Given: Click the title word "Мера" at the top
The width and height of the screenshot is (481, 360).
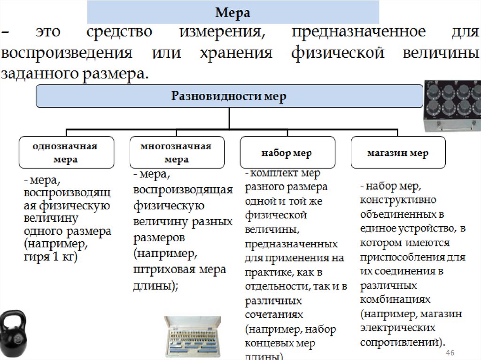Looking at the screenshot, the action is pos(233,13).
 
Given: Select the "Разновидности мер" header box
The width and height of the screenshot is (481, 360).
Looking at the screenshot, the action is pos(229,97).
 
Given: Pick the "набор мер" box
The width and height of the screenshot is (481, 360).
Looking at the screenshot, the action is pos(287,153).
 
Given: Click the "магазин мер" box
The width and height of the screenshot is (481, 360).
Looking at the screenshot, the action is pos(397,153).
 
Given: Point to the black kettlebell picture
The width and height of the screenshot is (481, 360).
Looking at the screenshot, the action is pos(13,334).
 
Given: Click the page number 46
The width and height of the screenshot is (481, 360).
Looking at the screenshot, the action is pos(450,352).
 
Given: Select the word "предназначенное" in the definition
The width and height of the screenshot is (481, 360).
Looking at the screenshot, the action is pos(358,32).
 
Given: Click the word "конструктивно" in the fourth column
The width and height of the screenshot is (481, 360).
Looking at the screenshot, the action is pos(391,199).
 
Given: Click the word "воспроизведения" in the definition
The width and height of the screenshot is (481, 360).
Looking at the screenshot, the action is pos(66,53).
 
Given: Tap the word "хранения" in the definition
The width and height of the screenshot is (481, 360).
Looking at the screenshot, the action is pos(236,53).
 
